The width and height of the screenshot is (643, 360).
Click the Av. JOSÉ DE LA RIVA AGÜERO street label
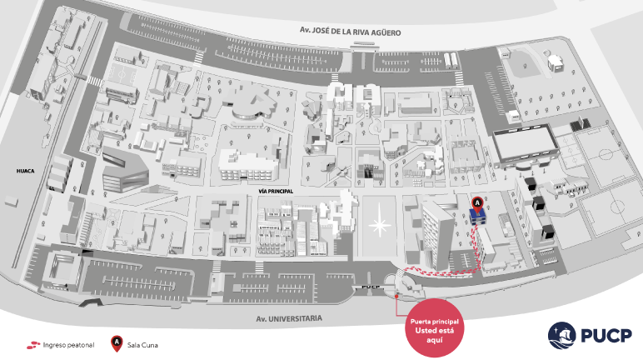(x=351, y=32)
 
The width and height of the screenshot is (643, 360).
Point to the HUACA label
(x=24, y=171)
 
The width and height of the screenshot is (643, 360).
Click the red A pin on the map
(x=477, y=202)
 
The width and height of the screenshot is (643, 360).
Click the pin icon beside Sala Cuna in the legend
(x=117, y=342)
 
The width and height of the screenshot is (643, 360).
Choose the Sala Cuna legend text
(x=143, y=342)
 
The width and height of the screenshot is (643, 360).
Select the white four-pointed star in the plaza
(x=379, y=224)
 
